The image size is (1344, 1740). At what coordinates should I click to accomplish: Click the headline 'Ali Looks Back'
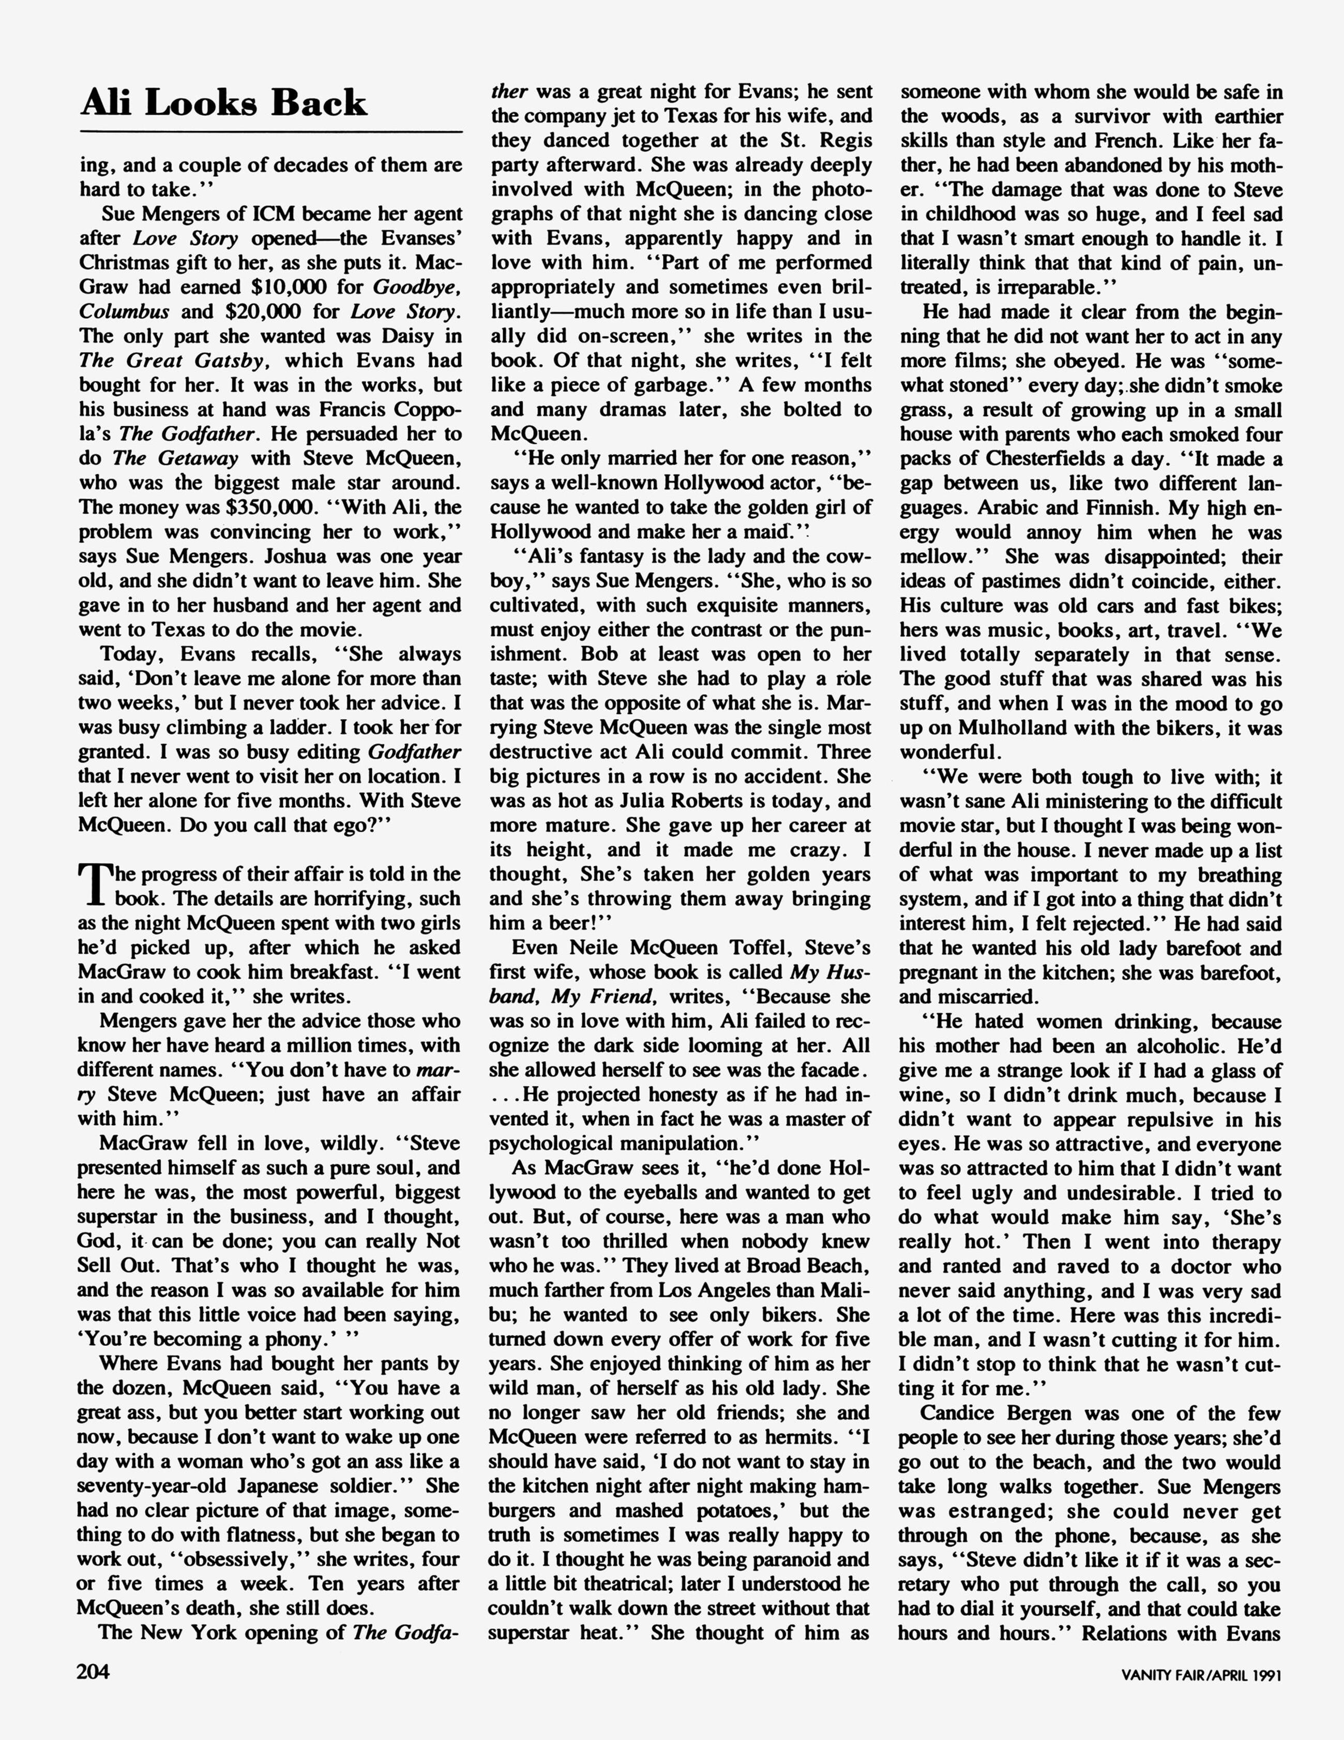[x=224, y=103]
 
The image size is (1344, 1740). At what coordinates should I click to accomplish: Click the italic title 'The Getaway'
[x=175, y=458]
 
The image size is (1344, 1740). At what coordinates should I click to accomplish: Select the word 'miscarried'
[x=973, y=997]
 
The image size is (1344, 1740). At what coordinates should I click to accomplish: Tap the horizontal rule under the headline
[x=271, y=131]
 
